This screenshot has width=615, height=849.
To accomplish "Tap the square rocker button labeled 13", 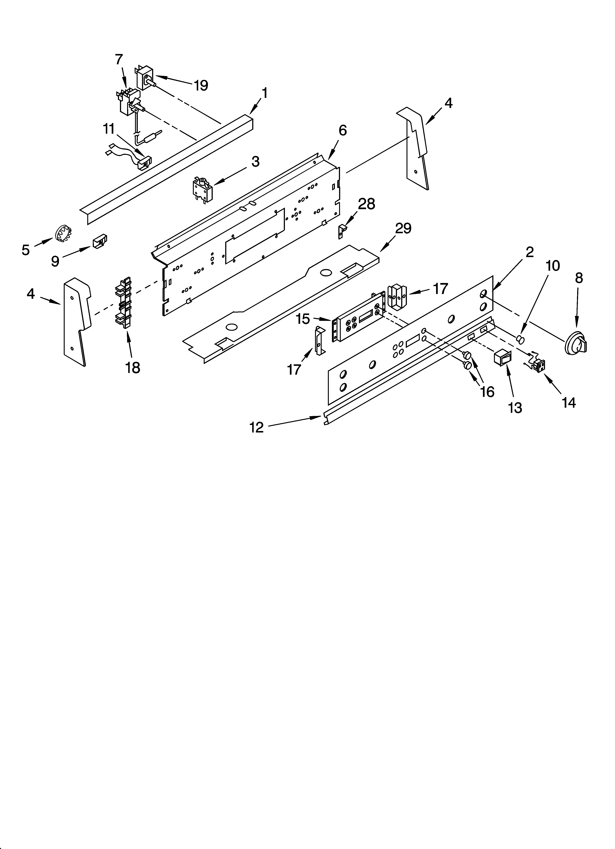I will [503, 358].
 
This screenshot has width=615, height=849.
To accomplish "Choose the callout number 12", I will [257, 427].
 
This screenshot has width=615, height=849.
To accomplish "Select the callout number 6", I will [342, 131].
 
